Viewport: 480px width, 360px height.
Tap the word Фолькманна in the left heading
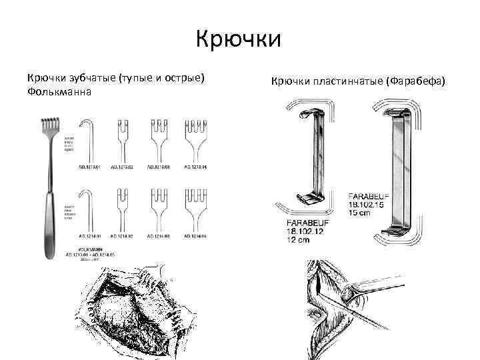tap(59, 91)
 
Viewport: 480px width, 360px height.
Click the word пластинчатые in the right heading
tap(346, 81)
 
